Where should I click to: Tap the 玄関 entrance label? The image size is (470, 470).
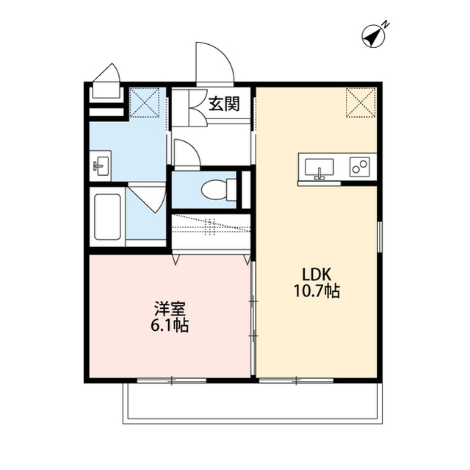point(223,104)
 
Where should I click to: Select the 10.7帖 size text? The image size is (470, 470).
point(315,291)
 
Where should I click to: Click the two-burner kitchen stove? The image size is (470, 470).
point(361,167)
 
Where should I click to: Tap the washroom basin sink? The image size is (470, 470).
point(101,165)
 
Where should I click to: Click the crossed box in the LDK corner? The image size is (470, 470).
point(361,102)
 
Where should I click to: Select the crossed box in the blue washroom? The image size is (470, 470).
point(145,102)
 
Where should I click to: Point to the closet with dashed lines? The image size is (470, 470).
point(210,227)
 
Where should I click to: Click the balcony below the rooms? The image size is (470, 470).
point(253,403)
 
